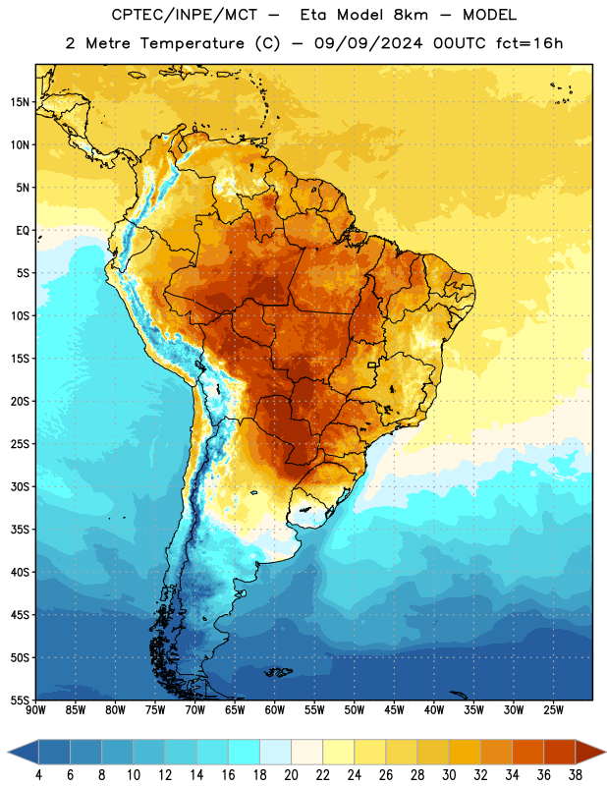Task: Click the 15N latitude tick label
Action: pos(20,102)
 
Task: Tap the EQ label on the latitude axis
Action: pos(23,231)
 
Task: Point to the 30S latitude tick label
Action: pos(20,486)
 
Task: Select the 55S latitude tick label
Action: pos(20,701)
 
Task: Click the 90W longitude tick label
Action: pos(35,710)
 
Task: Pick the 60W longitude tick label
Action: pos(275,710)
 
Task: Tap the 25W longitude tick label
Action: pos(553,710)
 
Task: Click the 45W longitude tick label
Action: pos(394,710)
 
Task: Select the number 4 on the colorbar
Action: pos(38,775)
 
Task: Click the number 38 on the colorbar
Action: pos(575,775)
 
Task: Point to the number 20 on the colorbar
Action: pos(291,775)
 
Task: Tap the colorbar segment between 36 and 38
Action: pos(560,753)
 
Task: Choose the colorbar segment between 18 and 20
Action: pos(276,753)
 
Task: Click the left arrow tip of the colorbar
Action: pos(8,753)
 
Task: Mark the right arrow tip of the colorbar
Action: pos(605,753)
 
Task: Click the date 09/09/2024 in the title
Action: pos(368,43)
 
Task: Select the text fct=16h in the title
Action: pos(529,43)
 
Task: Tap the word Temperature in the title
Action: pos(192,43)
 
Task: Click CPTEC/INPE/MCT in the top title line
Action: pos(184,15)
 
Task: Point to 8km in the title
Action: pos(411,15)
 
